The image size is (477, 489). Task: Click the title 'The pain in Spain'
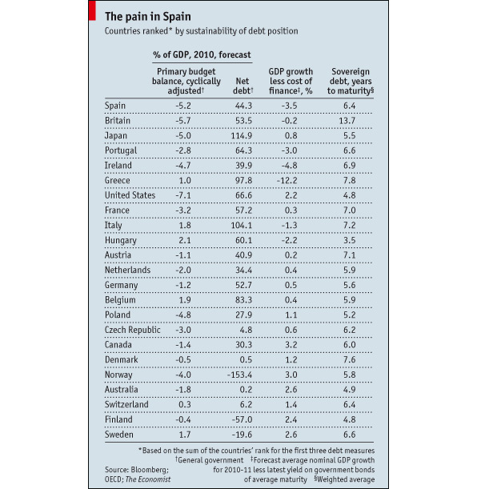point(148,17)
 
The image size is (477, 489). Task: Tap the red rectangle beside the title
point(92,10)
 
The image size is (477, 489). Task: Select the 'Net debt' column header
point(243,86)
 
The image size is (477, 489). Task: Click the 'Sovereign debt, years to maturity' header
point(351,81)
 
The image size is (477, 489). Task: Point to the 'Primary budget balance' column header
point(186,81)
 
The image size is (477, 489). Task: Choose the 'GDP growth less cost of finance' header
point(291,81)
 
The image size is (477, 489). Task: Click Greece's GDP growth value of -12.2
point(287,181)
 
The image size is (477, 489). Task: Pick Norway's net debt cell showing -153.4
point(239,375)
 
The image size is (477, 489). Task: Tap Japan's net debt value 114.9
point(242,136)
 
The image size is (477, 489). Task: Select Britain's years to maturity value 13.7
point(347,121)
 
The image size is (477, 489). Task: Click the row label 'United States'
point(130,195)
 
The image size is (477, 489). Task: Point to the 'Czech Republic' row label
point(133,330)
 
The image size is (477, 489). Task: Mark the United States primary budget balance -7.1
point(183,195)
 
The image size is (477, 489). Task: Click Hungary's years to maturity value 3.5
point(349,240)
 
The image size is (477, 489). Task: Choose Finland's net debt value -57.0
point(242,419)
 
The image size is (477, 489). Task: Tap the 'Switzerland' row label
point(126,404)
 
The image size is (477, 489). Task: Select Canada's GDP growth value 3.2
point(291,345)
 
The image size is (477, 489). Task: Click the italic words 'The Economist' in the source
point(148,479)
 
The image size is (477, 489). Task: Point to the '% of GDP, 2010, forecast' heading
point(202,55)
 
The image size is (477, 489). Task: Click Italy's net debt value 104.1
point(242,226)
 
